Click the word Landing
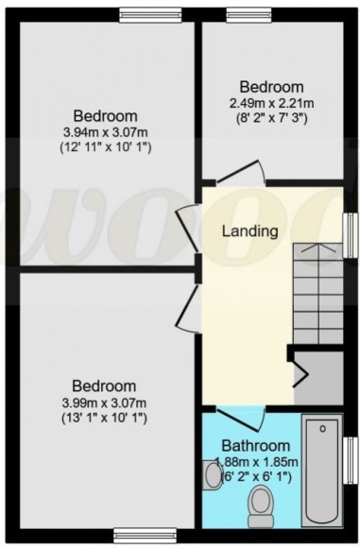pyautogui.click(x=249, y=231)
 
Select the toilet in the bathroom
pyautogui.click(x=257, y=511)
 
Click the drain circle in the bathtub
pyautogui.click(x=322, y=431)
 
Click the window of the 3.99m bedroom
pyautogui.click(x=140, y=532)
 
